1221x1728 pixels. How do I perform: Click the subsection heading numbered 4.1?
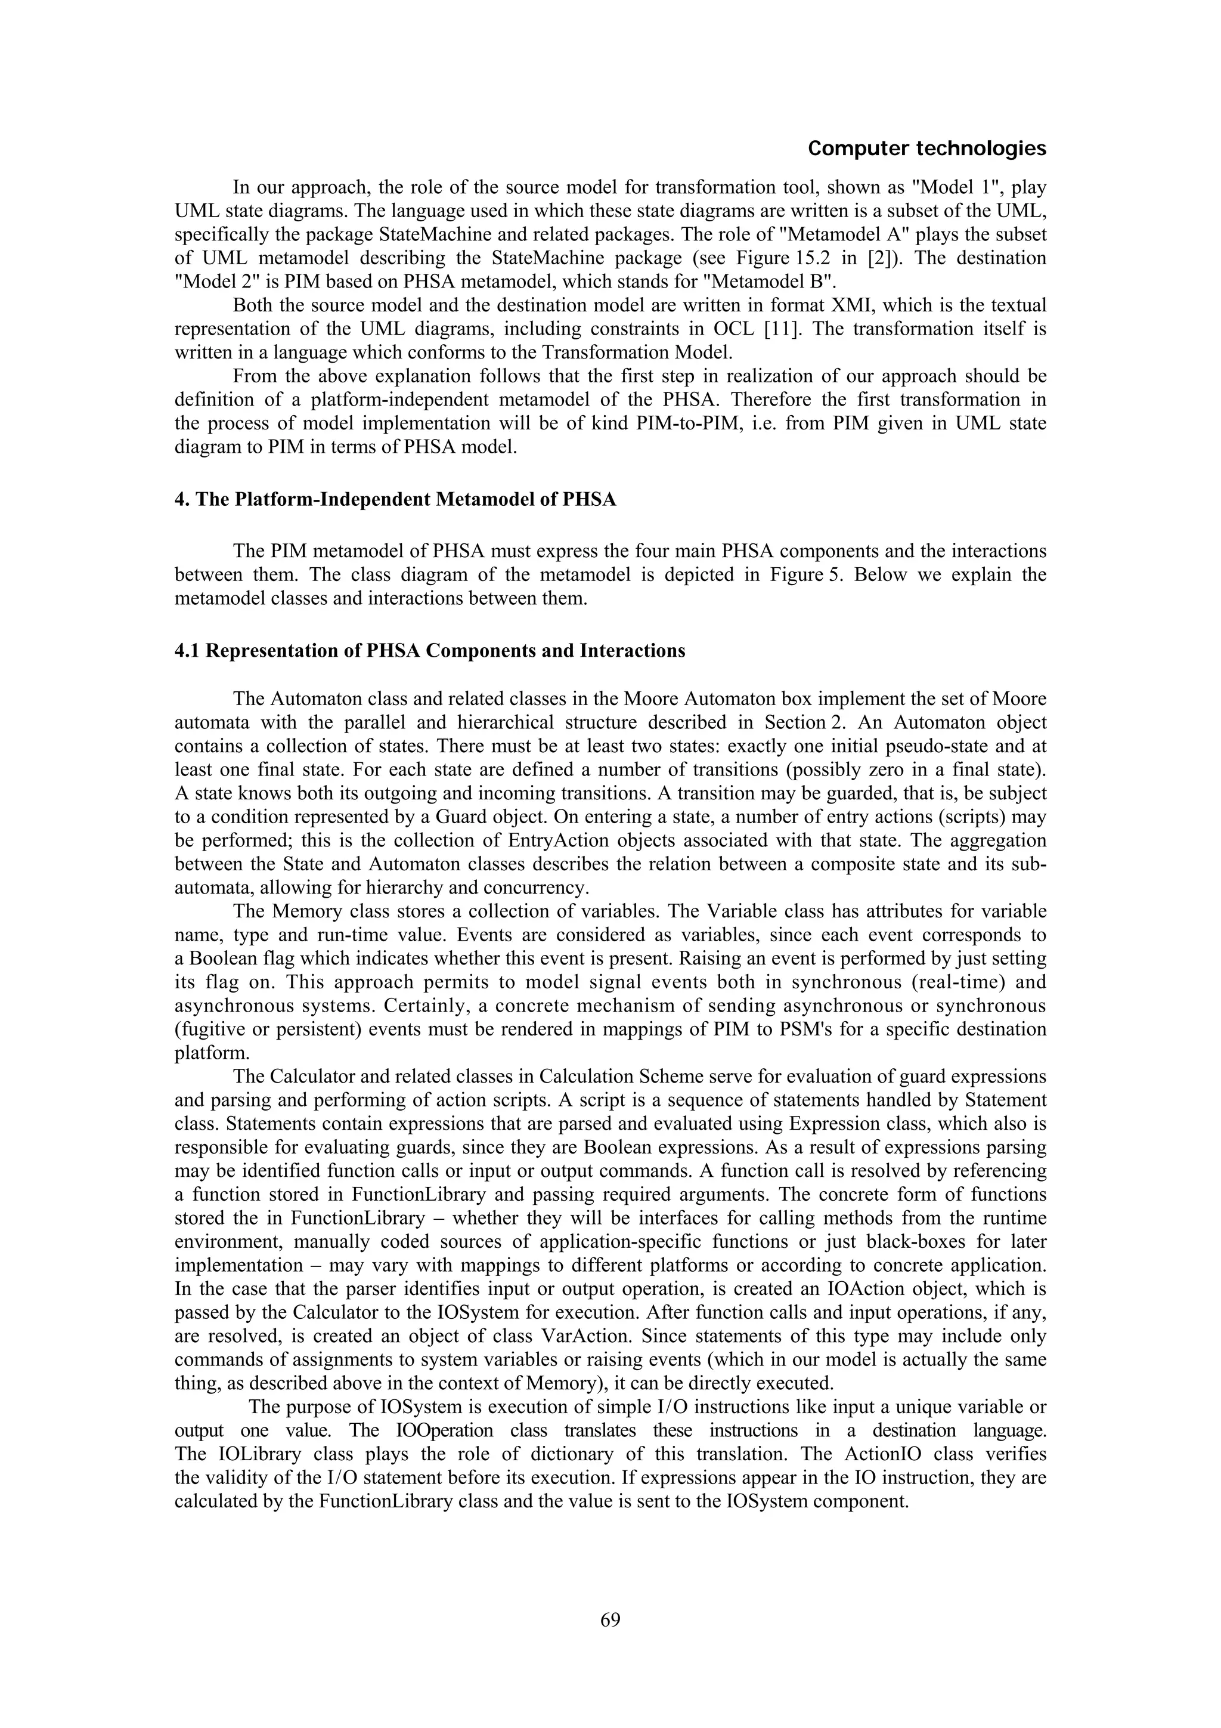430,650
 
